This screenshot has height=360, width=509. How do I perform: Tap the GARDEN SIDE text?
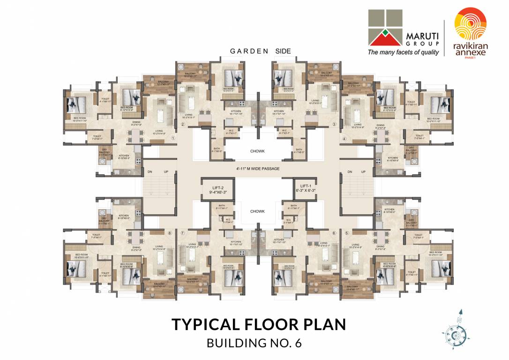(x=260, y=51)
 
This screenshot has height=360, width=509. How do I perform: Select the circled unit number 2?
(x=182, y=124)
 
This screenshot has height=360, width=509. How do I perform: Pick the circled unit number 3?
(x=334, y=124)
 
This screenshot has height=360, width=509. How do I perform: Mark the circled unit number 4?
(x=344, y=138)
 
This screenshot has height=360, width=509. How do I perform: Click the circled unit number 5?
(x=347, y=233)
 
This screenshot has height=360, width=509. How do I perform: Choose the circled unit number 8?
(x=170, y=233)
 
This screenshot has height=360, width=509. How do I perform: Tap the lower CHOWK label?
(x=257, y=211)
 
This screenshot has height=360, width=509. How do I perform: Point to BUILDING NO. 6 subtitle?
(x=254, y=343)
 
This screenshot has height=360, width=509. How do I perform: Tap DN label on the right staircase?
(x=350, y=172)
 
